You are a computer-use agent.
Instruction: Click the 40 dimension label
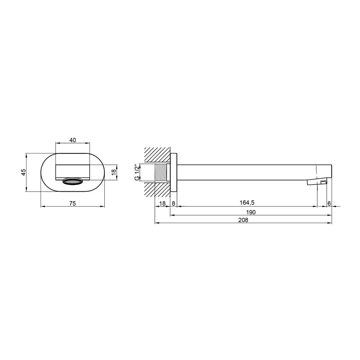point(72,140)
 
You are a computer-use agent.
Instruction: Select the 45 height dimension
point(23,172)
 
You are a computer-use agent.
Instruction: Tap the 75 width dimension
point(72,203)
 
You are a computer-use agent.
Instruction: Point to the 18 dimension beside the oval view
point(114,172)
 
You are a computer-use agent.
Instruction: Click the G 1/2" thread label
point(137,172)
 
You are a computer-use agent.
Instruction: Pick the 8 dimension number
point(173,203)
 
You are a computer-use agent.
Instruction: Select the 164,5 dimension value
point(247,202)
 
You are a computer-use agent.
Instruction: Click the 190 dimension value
point(251,212)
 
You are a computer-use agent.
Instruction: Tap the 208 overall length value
point(243,220)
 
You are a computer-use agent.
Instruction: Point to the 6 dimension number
point(329,203)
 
